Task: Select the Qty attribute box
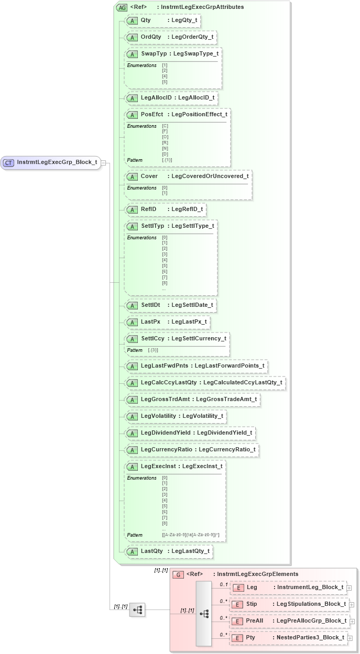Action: [x=162, y=20]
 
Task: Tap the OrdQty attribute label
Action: [x=151, y=37]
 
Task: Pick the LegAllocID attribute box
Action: [x=171, y=97]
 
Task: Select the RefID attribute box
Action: [x=165, y=209]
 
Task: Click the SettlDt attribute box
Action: [x=170, y=305]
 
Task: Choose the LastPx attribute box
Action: [x=167, y=322]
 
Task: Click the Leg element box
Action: [x=289, y=588]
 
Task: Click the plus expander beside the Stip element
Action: [x=352, y=605]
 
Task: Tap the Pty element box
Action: [x=289, y=638]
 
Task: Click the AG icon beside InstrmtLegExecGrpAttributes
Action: [x=122, y=7]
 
